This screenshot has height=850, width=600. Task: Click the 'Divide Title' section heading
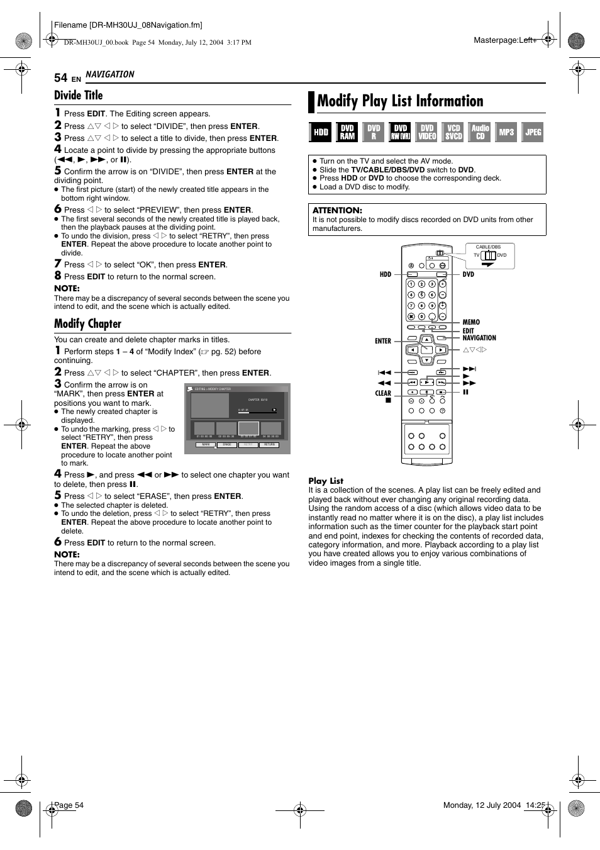point(78,96)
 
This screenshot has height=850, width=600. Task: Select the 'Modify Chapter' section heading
point(87,324)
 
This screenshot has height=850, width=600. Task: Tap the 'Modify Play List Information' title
point(400,101)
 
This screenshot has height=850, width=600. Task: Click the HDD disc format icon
point(321,132)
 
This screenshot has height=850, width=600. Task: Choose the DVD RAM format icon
point(347,132)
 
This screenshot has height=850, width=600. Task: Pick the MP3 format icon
point(506,132)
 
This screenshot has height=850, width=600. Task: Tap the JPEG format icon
point(533,132)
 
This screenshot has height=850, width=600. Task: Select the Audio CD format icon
point(481,132)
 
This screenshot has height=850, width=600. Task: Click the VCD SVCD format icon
point(453,132)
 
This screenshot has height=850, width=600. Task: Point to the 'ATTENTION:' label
point(337,210)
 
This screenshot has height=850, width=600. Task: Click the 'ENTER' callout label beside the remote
point(382,341)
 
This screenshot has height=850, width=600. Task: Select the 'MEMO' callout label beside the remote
point(471,322)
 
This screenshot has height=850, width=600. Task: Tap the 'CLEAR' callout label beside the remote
point(383,393)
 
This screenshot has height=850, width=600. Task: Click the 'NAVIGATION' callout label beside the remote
point(479,338)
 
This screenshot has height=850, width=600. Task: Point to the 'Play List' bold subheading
point(326,481)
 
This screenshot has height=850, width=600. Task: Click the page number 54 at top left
point(60,77)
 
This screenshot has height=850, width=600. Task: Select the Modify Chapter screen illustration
point(237,418)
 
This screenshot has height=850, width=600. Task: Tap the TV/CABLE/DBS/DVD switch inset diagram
point(490,255)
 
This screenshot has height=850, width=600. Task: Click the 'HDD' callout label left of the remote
point(385,274)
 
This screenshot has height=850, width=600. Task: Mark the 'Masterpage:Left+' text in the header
point(505,40)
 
